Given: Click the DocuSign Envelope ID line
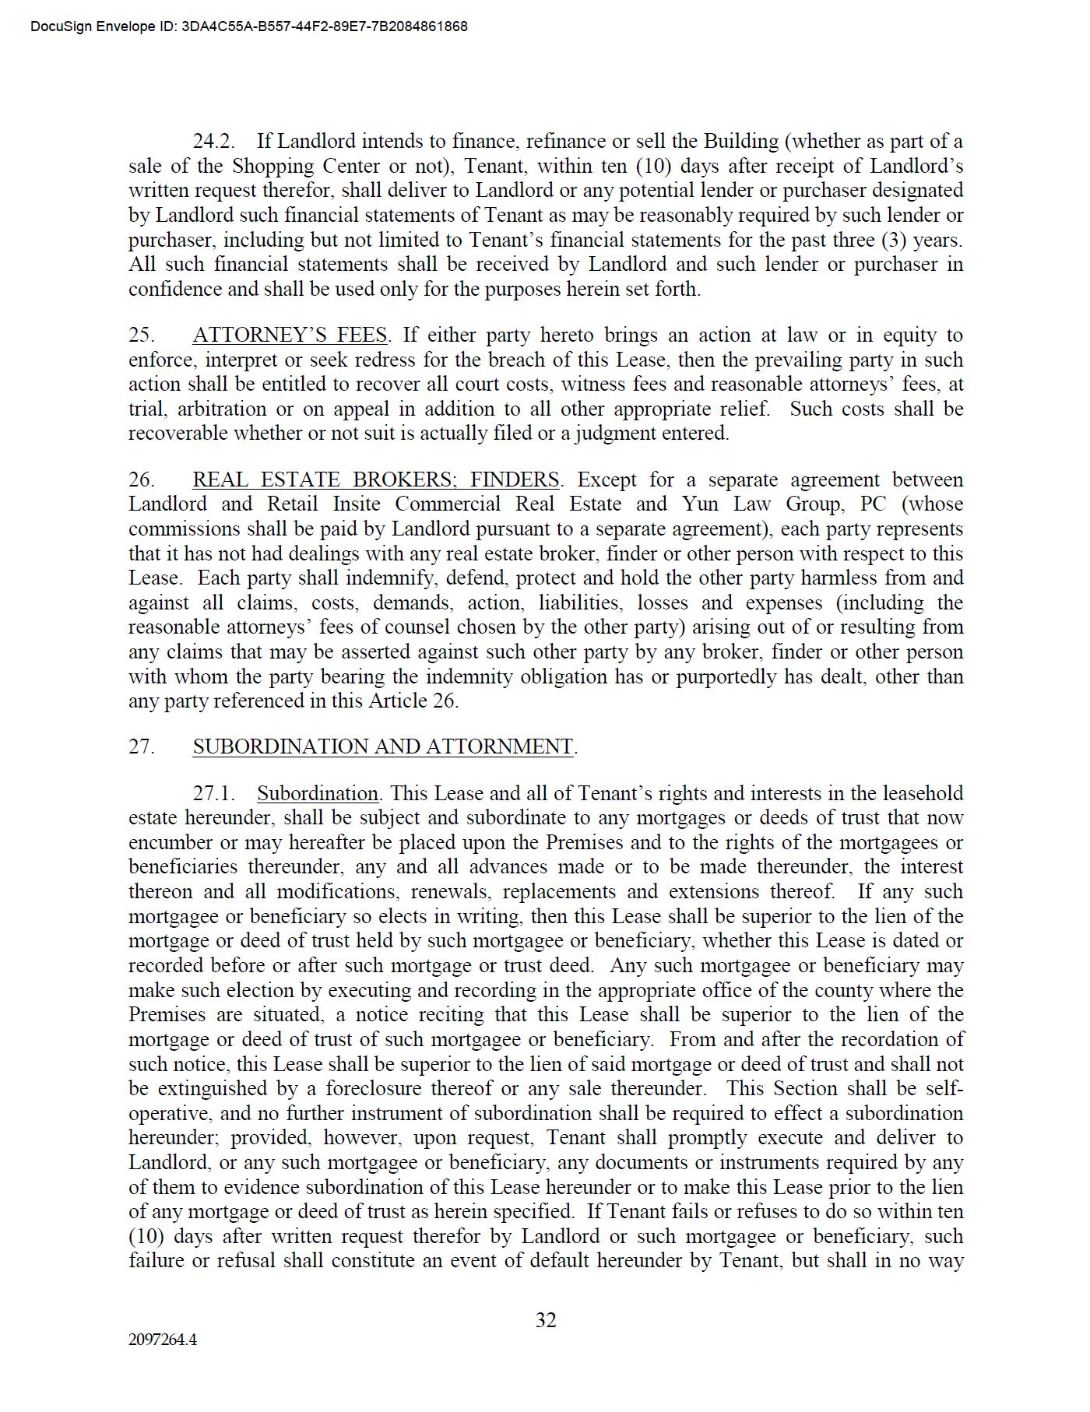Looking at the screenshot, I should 249,26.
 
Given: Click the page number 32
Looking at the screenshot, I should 546,1319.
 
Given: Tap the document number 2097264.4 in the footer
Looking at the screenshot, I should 163,1340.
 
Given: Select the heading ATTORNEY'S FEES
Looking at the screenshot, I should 290,335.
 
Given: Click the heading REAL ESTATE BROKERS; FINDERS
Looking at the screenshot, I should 375,479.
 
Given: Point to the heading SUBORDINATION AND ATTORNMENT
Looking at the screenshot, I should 383,746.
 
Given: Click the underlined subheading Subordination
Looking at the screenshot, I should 318,794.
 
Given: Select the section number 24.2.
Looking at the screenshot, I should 214,142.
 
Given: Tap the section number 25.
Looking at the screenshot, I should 141,335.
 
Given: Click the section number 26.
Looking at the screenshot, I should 141,479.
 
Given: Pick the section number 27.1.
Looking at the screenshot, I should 214,794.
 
